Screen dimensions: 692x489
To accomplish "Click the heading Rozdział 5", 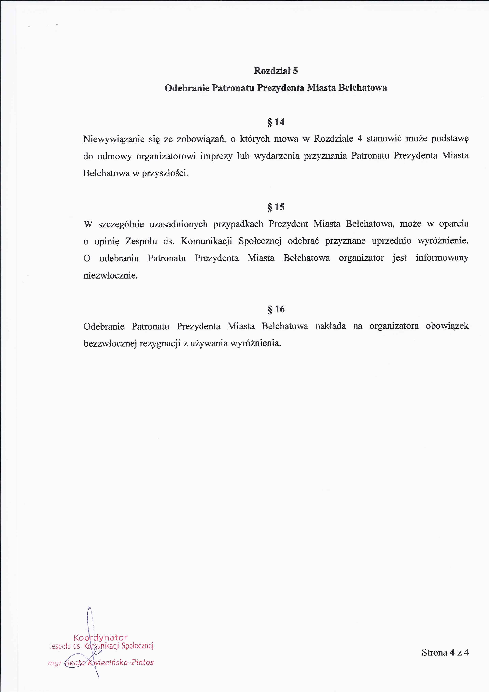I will [276, 71].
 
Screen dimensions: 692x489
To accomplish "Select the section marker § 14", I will [276, 122].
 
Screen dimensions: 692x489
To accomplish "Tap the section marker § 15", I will [276, 207].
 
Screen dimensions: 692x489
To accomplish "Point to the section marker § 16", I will [276, 309].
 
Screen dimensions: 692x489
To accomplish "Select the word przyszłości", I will [165, 174].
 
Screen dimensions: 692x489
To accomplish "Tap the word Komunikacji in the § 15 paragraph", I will [206, 241].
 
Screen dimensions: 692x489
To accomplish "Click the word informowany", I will [442, 258].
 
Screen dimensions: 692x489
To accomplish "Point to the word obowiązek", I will [447, 326].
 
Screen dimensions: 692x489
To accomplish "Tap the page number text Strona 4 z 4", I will [445, 653].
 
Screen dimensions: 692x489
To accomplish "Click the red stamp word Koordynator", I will [101, 637].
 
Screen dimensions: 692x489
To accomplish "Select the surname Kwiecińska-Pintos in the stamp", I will [120, 662].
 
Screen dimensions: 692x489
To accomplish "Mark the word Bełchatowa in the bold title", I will [363, 88].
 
